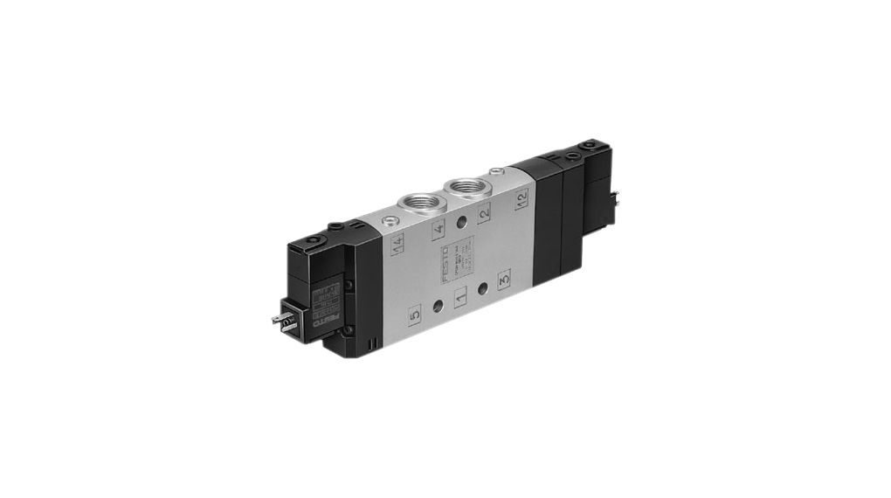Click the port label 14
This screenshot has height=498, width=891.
tap(398, 246)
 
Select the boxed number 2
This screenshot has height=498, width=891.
tap(484, 211)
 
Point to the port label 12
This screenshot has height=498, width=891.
tap(522, 197)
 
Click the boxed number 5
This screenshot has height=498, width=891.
tap(415, 310)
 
